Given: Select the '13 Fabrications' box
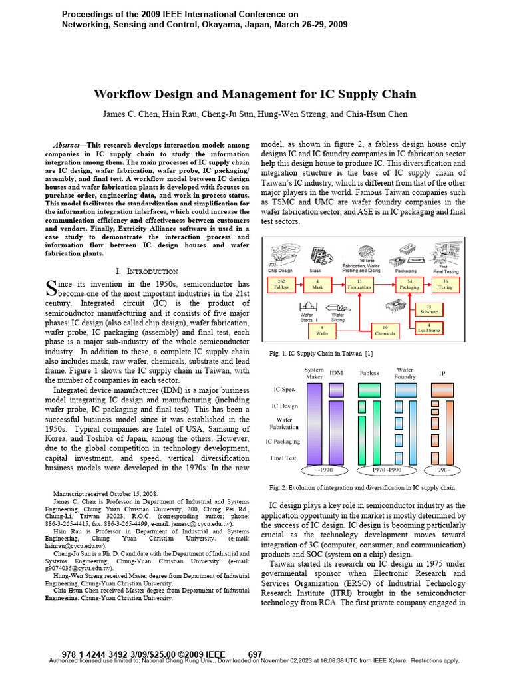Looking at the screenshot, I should (x=359, y=285).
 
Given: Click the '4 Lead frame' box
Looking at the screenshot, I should (x=429, y=327).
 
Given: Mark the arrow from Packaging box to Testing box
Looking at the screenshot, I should (x=427, y=285).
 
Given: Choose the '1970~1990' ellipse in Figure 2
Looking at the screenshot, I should (x=386, y=470).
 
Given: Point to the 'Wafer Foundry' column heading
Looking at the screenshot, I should (x=405, y=374).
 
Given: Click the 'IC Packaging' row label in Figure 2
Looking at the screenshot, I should (x=282, y=441).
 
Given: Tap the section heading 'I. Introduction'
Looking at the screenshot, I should (x=147, y=271).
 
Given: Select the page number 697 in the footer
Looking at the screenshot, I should (x=255, y=654).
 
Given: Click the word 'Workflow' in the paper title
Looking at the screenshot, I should (x=126, y=94).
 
